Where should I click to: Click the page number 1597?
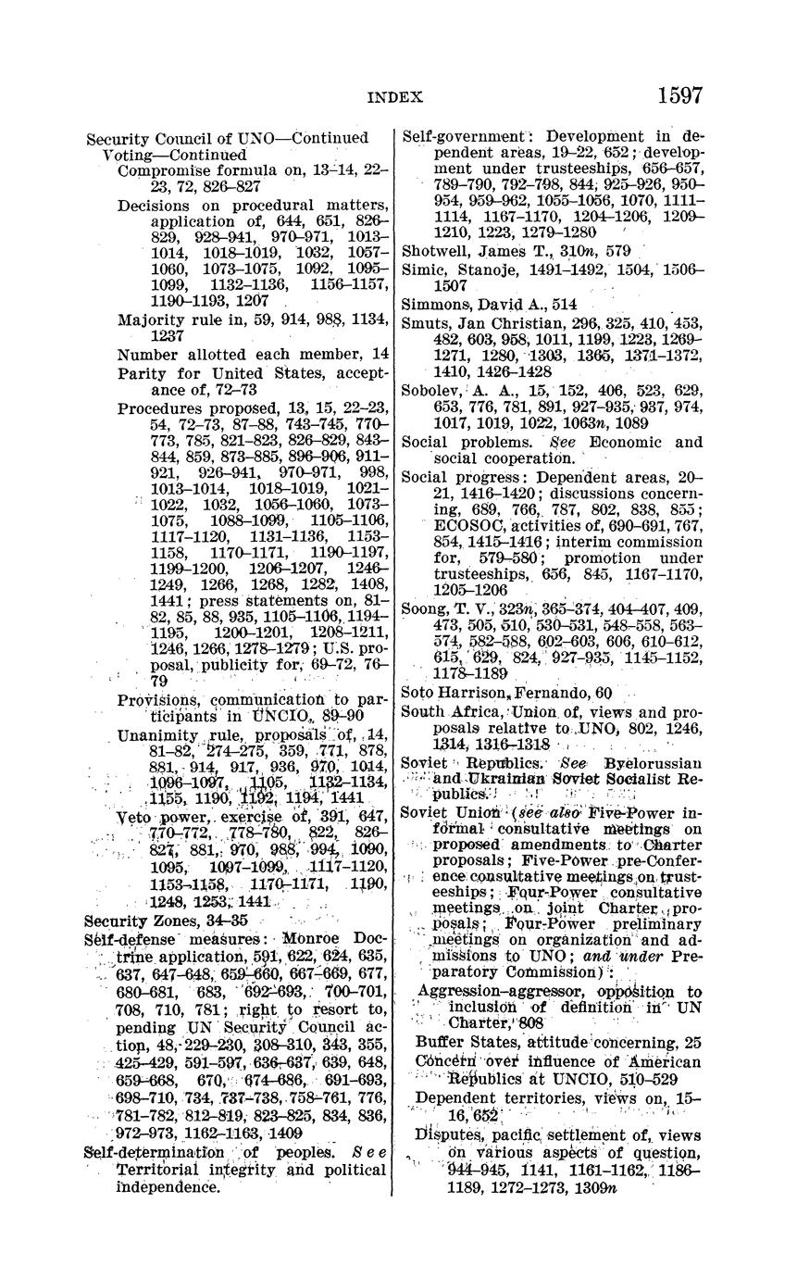click(x=679, y=95)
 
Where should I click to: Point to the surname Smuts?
click(x=424, y=322)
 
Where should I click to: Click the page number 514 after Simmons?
click(x=564, y=305)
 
